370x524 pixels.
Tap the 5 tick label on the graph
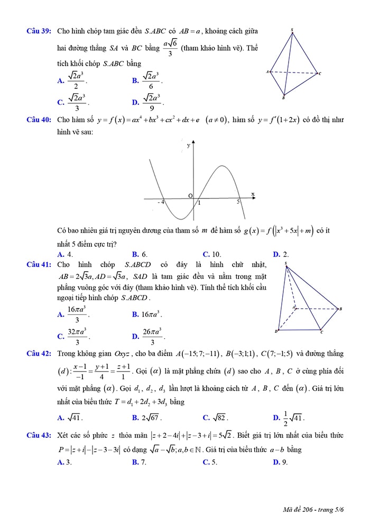click(x=238, y=202)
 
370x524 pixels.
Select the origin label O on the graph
click(x=191, y=196)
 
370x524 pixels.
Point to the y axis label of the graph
click(x=188, y=146)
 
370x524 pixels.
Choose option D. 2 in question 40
click(x=280, y=254)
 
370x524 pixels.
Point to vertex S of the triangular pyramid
click(x=292, y=30)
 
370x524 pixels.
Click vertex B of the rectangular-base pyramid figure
click(x=340, y=309)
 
